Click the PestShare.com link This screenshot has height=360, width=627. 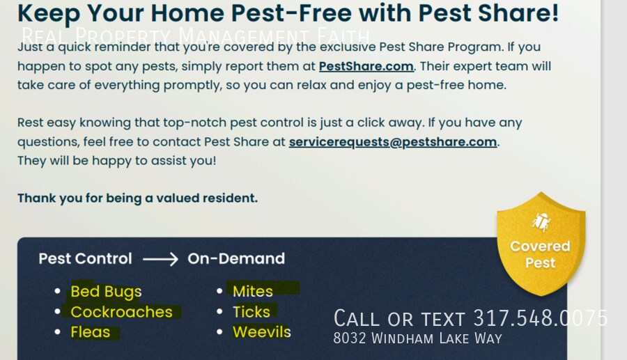click(366, 66)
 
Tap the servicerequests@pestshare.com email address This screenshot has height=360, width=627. click(393, 142)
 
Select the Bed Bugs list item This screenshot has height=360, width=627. click(106, 292)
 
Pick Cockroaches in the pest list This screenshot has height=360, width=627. click(121, 312)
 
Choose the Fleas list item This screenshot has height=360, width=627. click(91, 332)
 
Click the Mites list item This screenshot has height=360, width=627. click(253, 291)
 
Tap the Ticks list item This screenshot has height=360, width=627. click(251, 312)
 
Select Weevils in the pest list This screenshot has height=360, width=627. click(261, 332)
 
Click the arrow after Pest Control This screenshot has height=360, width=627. click(160, 259)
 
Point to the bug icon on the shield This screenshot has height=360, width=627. click(541, 222)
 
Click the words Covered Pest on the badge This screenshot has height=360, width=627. click(540, 255)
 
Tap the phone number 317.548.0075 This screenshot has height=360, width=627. click(541, 318)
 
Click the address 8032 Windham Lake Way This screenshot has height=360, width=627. click(417, 338)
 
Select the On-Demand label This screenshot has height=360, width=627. click(236, 258)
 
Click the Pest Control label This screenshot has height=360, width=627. click(85, 258)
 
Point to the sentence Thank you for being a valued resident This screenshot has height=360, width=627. click(137, 198)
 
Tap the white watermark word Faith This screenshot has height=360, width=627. click(343, 36)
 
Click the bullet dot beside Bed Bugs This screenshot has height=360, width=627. click(58, 291)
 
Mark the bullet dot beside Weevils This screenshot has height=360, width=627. click(219, 332)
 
